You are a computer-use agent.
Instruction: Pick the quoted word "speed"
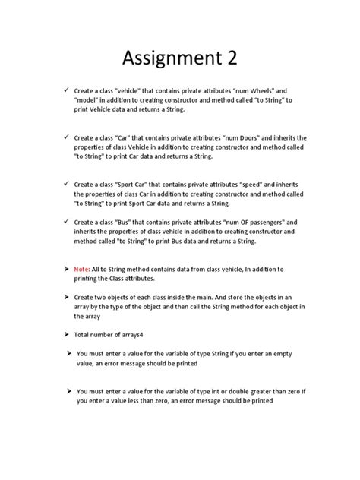tap(253, 184)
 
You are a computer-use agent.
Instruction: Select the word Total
tap(83, 335)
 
